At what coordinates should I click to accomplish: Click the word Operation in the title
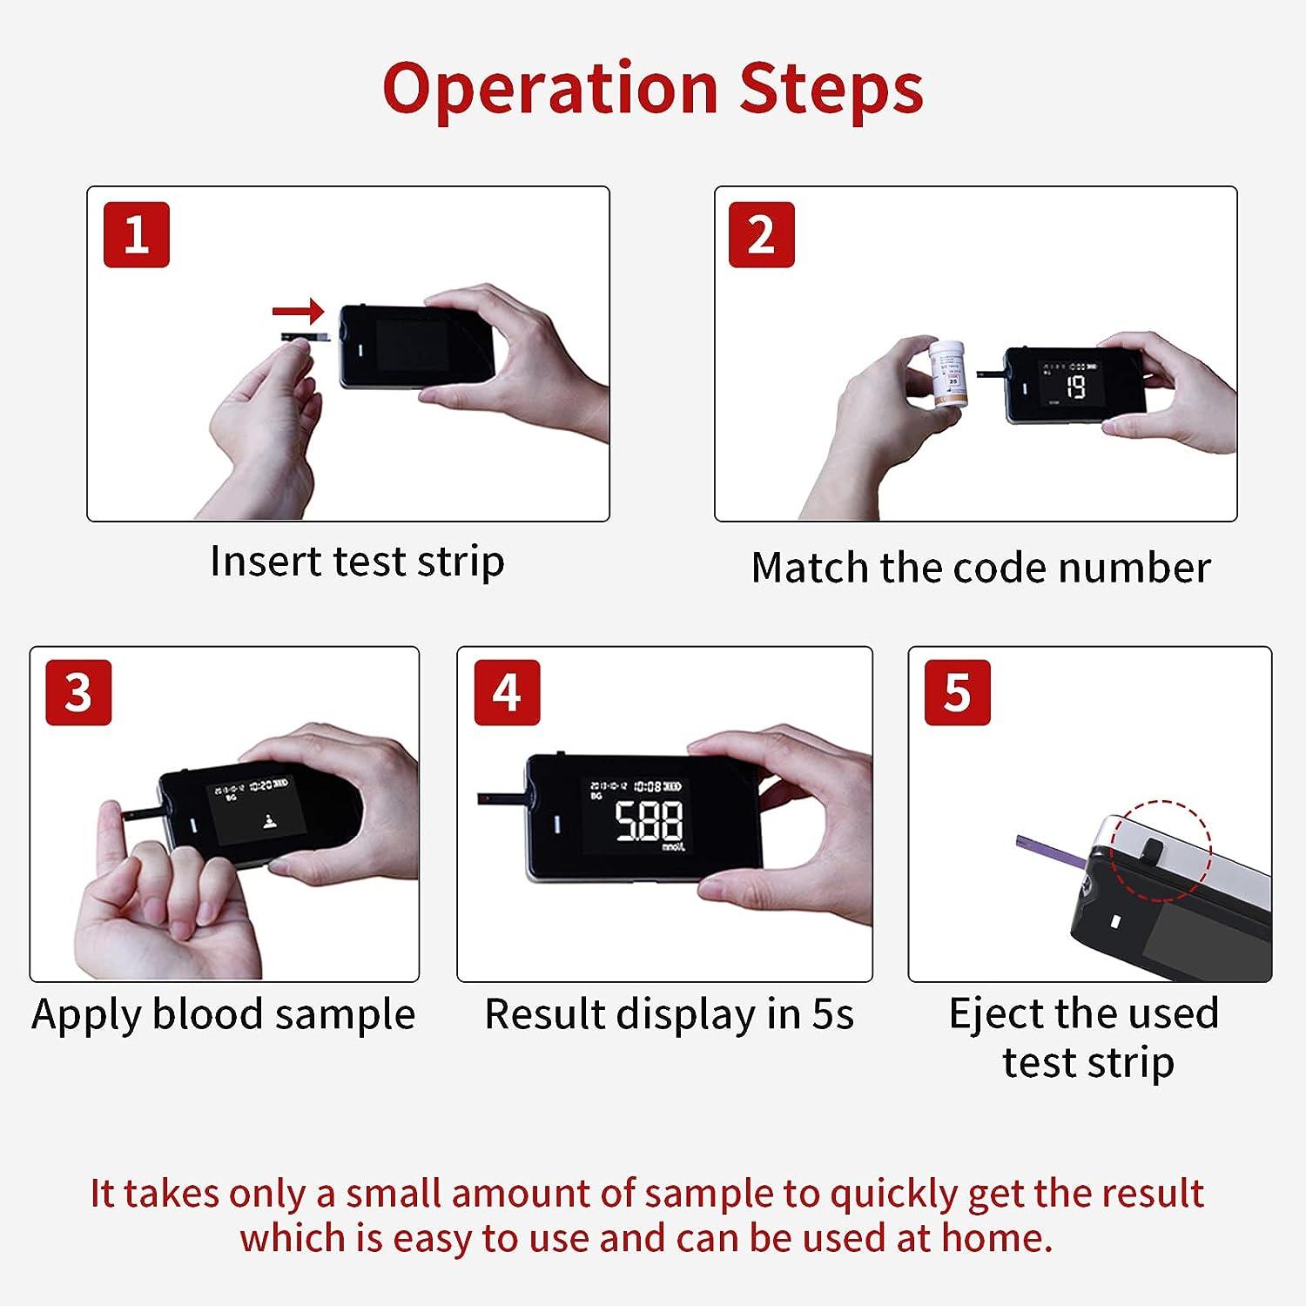549,89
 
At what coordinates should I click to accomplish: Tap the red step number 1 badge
136,234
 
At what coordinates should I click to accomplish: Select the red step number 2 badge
761,234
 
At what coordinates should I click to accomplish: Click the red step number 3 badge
78,692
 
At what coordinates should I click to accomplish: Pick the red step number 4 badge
507,692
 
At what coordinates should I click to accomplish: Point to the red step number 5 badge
957,692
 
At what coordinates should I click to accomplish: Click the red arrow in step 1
298,311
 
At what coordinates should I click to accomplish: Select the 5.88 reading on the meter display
649,820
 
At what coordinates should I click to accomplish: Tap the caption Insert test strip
357,562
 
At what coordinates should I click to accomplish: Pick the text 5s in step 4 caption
832,1014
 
